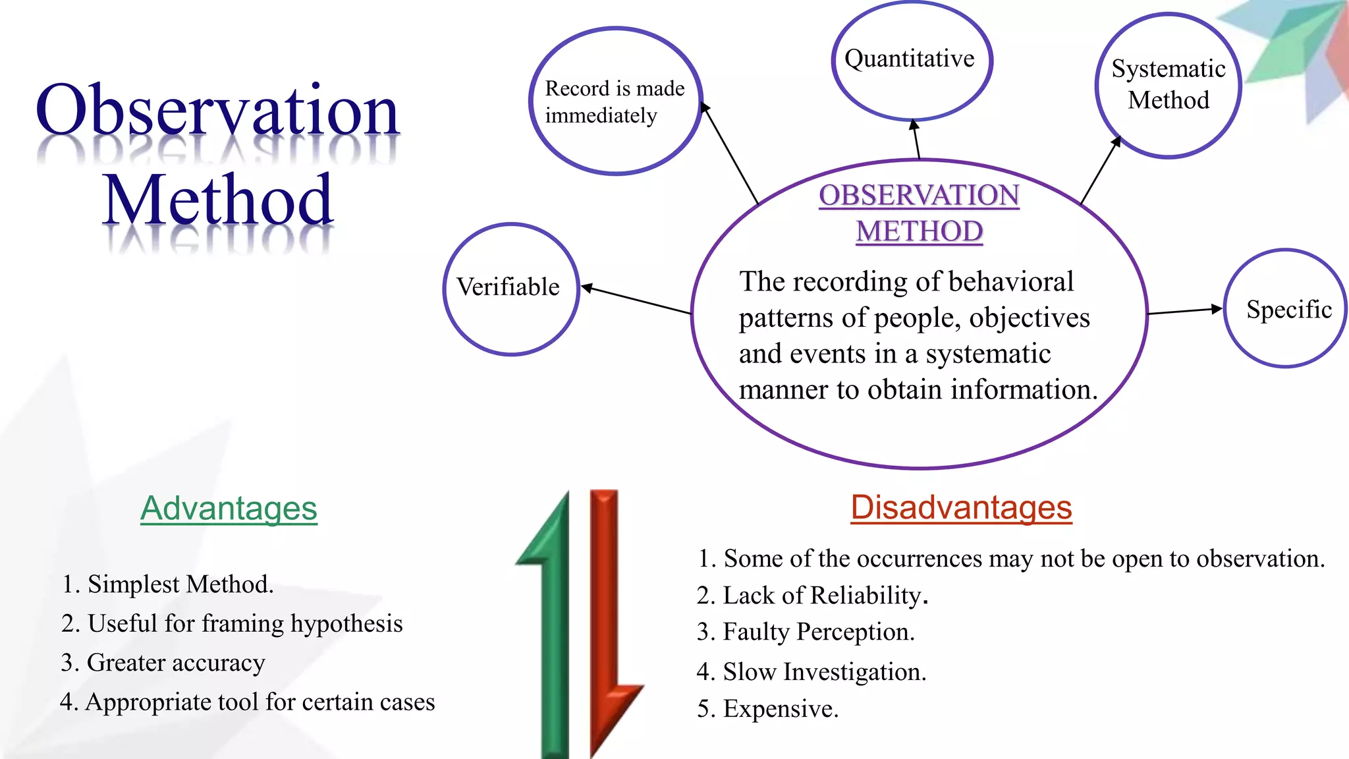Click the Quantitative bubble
911,61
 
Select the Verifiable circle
510,289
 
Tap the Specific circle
1286,308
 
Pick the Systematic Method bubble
1168,86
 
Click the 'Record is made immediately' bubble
615,101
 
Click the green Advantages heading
229,509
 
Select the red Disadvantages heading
961,508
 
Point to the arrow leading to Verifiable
636,300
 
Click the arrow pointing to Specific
1184,311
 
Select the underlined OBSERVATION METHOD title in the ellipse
919,213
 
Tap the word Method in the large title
217,200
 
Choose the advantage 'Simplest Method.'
167,584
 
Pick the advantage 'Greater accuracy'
163,662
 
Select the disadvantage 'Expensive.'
767,709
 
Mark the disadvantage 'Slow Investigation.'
811,672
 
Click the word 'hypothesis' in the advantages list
346,624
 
